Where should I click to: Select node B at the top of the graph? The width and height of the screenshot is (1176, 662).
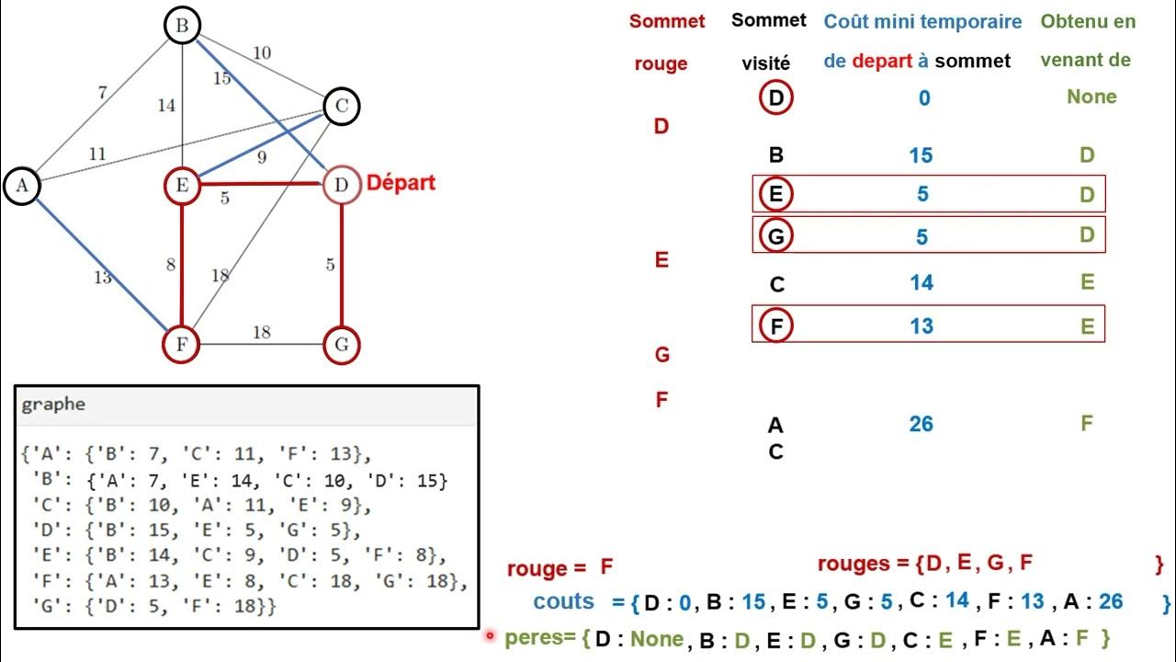coord(182,26)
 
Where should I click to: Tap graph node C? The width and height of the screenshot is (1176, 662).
coord(341,107)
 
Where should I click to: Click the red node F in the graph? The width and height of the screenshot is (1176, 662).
coord(182,346)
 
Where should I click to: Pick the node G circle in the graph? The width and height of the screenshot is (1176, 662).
coord(341,346)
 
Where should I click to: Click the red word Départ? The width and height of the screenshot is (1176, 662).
coord(401,182)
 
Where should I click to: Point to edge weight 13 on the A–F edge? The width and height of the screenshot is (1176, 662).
coord(102,276)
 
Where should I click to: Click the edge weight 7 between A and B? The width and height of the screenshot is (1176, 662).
coord(103,92)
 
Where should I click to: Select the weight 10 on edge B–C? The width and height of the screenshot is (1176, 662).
coord(262,52)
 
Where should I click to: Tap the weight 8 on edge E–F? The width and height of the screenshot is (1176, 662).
coord(170,265)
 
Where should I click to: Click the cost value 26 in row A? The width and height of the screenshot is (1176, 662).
coord(921,424)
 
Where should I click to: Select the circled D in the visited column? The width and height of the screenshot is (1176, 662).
coord(776,97)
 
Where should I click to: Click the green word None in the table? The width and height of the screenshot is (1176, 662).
coord(1091,97)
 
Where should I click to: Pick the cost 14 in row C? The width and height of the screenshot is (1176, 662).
coord(921,282)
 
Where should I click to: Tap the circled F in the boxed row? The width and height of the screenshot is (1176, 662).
coord(776,325)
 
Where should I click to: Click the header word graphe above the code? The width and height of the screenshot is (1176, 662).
coord(53,405)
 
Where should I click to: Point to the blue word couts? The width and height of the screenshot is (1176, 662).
coord(564,601)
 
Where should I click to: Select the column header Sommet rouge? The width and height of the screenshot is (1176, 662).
coord(666,41)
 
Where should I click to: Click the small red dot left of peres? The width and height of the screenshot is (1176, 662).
coord(490,634)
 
